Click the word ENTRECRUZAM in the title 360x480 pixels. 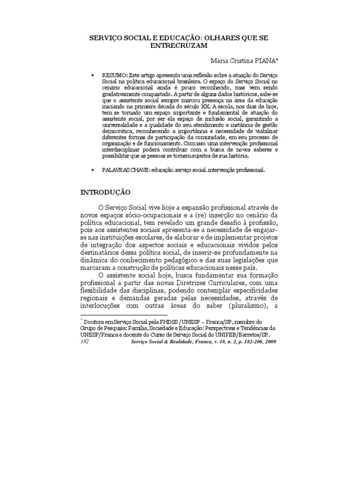[180, 45]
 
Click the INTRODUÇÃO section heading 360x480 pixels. [105, 192]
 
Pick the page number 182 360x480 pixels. [85, 343]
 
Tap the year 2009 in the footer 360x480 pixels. [269, 343]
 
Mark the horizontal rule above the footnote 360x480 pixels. [124, 315]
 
